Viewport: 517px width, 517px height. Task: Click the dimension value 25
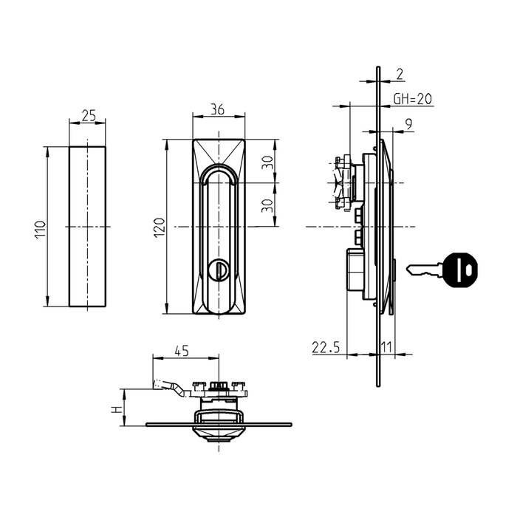click(89, 116)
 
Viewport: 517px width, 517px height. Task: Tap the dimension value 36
click(218, 109)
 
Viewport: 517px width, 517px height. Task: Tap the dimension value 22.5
click(325, 347)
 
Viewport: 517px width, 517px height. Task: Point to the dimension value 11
click(386, 347)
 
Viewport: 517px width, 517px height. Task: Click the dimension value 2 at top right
click(400, 73)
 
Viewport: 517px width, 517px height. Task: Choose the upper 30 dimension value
click(271, 164)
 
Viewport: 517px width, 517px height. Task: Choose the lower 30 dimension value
click(271, 203)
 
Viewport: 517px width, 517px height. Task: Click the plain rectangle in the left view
click(88, 226)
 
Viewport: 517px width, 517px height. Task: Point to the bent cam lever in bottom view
click(167, 386)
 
